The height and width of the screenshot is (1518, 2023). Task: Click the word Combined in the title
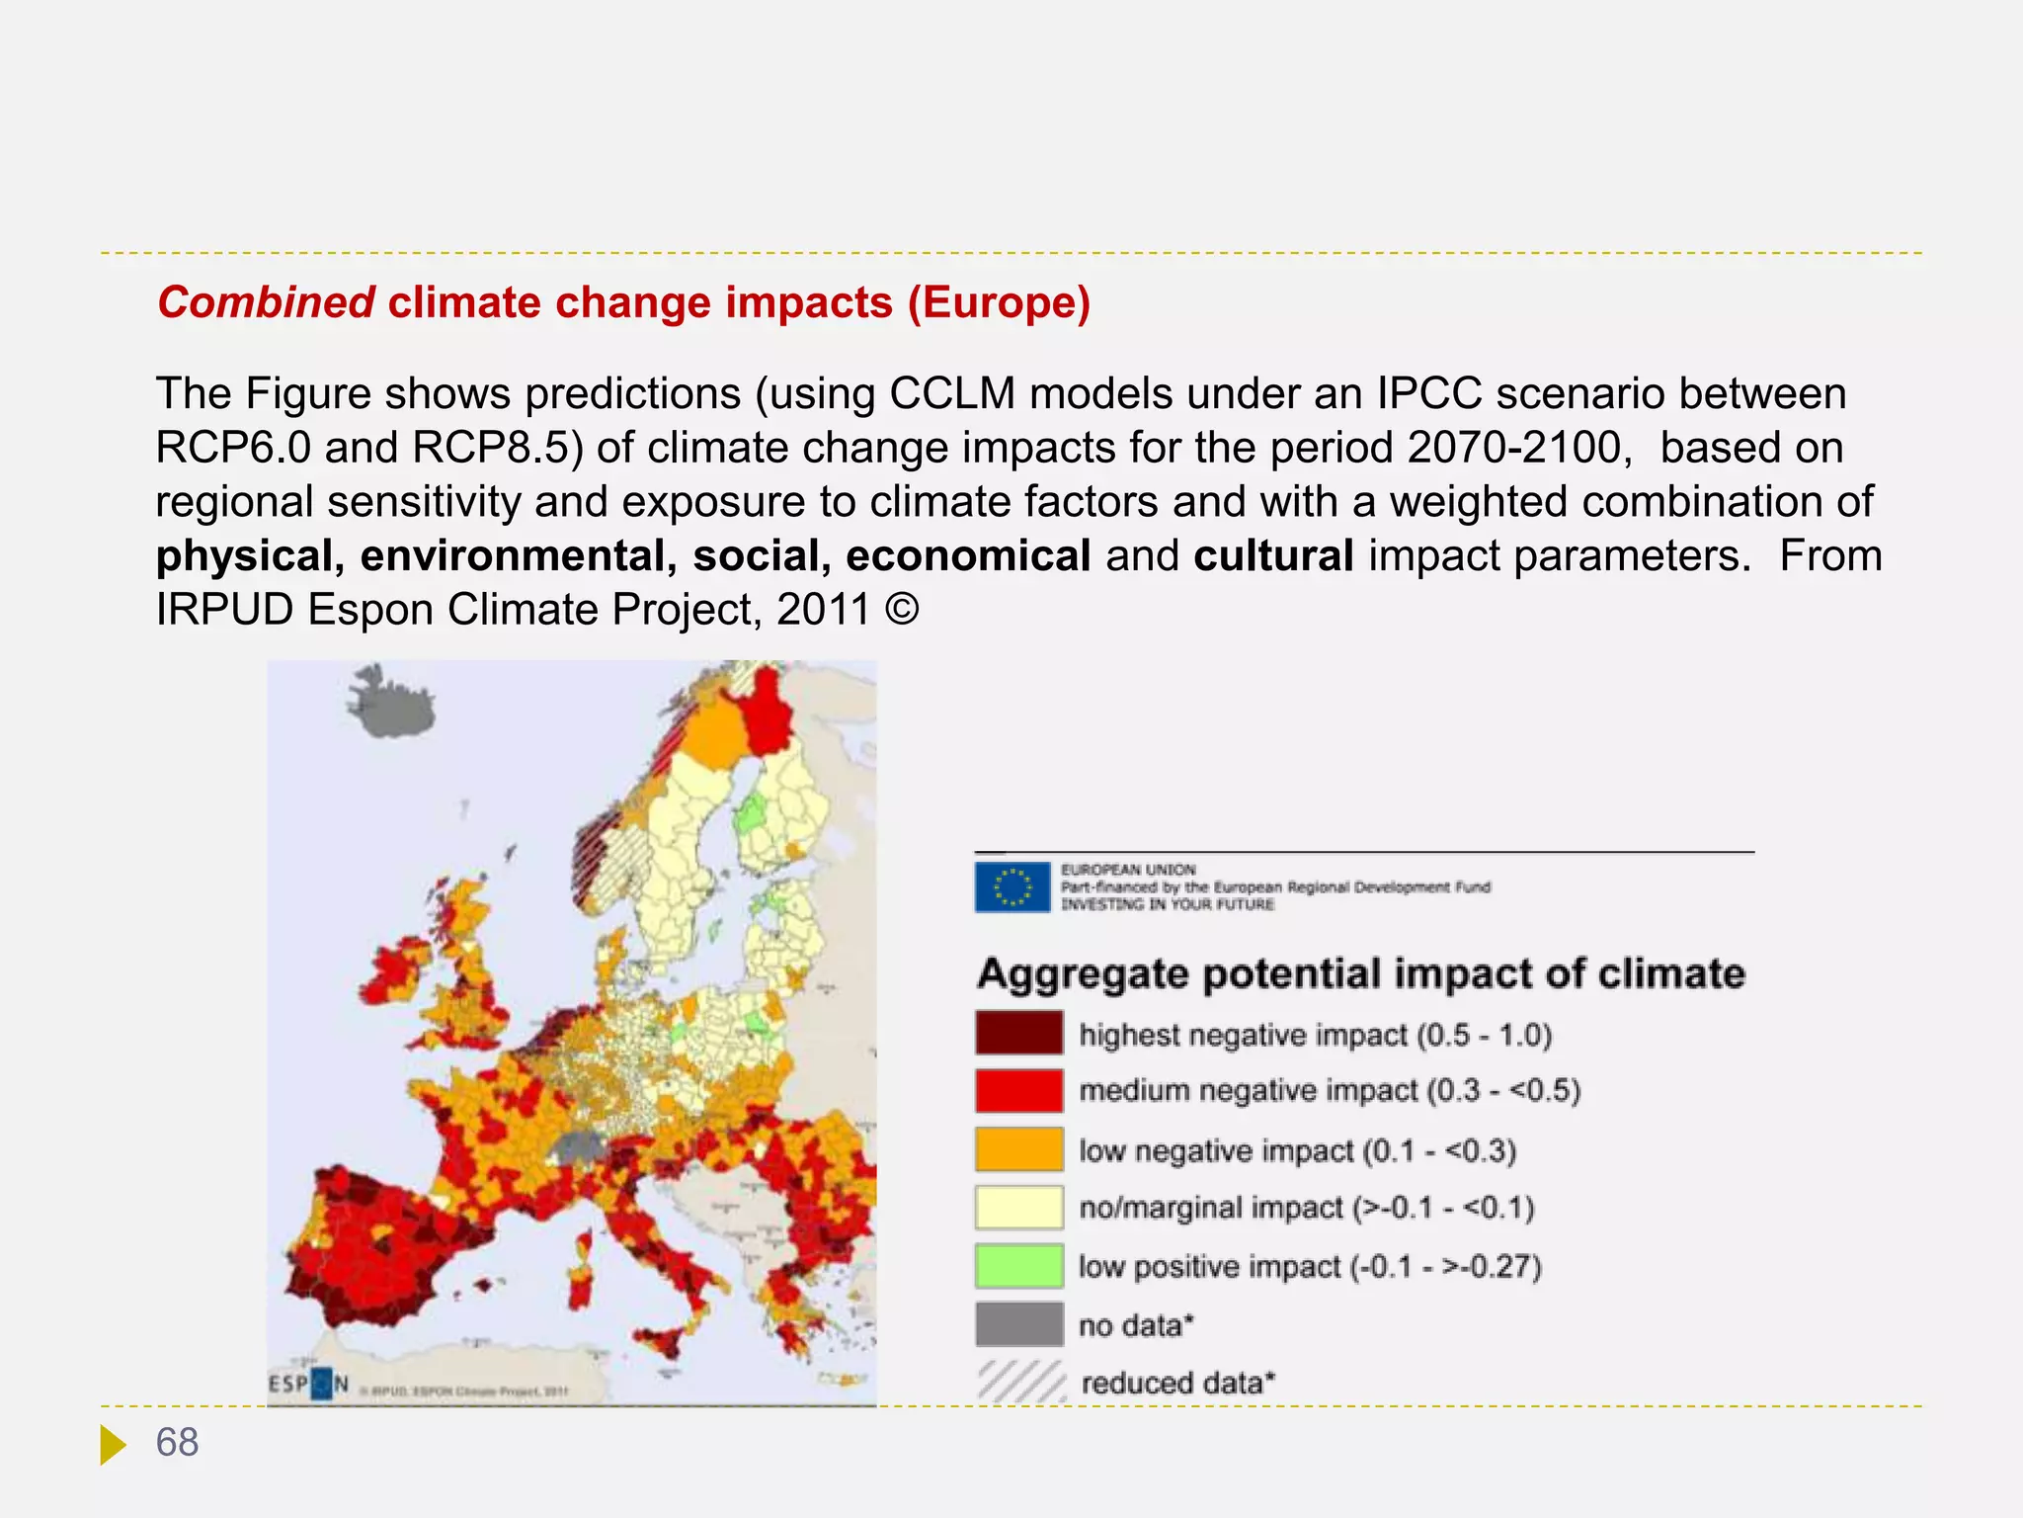[266, 302]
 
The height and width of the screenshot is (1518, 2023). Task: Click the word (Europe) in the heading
[999, 302]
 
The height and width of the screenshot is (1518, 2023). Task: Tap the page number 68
[178, 1442]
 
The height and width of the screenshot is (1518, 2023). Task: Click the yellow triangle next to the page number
[113, 1444]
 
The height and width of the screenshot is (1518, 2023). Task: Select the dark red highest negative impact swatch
[1018, 1033]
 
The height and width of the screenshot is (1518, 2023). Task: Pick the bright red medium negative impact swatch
[1018, 1090]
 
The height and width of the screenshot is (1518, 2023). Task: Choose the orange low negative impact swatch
[1018, 1149]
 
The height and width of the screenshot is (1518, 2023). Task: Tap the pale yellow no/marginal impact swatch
[1018, 1207]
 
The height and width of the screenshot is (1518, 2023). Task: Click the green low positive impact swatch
[1018, 1266]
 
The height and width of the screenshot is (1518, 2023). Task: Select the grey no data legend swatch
[1018, 1324]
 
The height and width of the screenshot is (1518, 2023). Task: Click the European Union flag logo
[1011, 886]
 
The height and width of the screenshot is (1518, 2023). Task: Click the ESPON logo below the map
[308, 1385]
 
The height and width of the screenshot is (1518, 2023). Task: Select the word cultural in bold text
[1273, 555]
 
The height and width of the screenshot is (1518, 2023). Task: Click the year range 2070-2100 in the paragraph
[1514, 448]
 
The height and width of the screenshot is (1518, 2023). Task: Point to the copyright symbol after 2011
[902, 609]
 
